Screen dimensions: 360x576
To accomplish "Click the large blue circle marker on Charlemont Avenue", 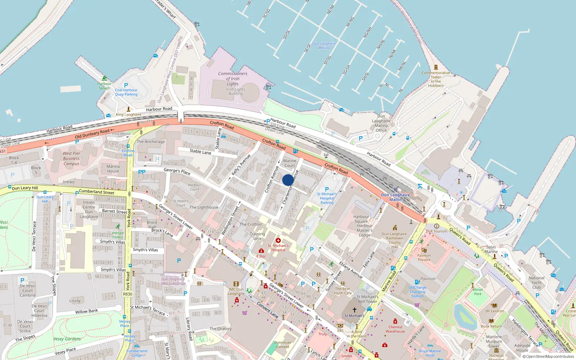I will pyautogui.click(x=288, y=180).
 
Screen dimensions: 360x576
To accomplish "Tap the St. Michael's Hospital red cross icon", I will pyautogui.click(x=278, y=240).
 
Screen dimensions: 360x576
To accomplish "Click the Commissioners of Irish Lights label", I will pyautogui.click(x=233, y=78).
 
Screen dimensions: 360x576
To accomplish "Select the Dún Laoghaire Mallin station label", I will pyautogui.click(x=395, y=197).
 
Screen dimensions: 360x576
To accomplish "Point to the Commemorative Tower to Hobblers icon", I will pyautogui.click(x=436, y=67).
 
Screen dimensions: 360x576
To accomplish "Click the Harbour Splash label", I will pyautogui.click(x=104, y=86).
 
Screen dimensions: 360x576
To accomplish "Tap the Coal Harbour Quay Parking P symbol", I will pyautogui.click(x=126, y=85).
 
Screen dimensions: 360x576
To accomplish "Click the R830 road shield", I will pyautogui.click(x=127, y=294).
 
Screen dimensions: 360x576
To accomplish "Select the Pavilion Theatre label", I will pyautogui.click(x=424, y=257).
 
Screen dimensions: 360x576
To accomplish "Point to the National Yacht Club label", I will pyautogui.click(x=536, y=283).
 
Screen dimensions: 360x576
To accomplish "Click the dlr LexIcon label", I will pyautogui.click(x=495, y=311).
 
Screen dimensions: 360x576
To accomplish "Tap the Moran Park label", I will pyautogui.click(x=478, y=292).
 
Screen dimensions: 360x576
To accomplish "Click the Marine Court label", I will pyautogui.click(x=289, y=163).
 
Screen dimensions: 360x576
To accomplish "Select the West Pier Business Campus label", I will pyautogui.click(x=71, y=158).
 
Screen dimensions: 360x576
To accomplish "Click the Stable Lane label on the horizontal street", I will pyautogui.click(x=201, y=152).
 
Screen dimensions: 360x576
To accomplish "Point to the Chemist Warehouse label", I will pyautogui.click(x=395, y=329).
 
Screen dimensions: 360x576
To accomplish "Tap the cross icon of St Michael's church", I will pyautogui.click(x=355, y=310).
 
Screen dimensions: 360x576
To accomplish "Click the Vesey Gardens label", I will pyautogui.click(x=67, y=339).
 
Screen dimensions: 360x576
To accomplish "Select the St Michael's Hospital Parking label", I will pyautogui.click(x=327, y=198).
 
